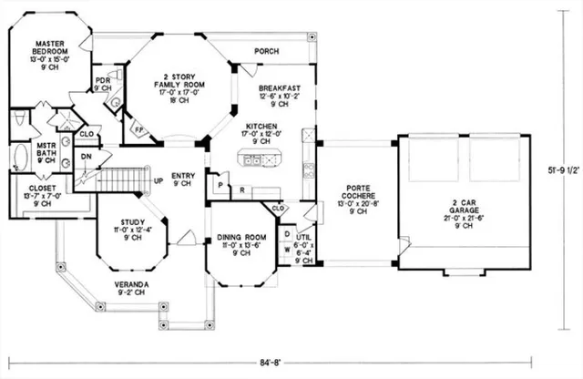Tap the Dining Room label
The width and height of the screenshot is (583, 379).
(239, 244)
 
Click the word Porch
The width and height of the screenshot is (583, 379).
(266, 51)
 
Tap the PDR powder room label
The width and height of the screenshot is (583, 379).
(103, 84)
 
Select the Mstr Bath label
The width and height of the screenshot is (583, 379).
(47, 150)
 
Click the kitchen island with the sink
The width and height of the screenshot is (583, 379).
(259, 161)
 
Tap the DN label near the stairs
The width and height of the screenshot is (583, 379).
(87, 156)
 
